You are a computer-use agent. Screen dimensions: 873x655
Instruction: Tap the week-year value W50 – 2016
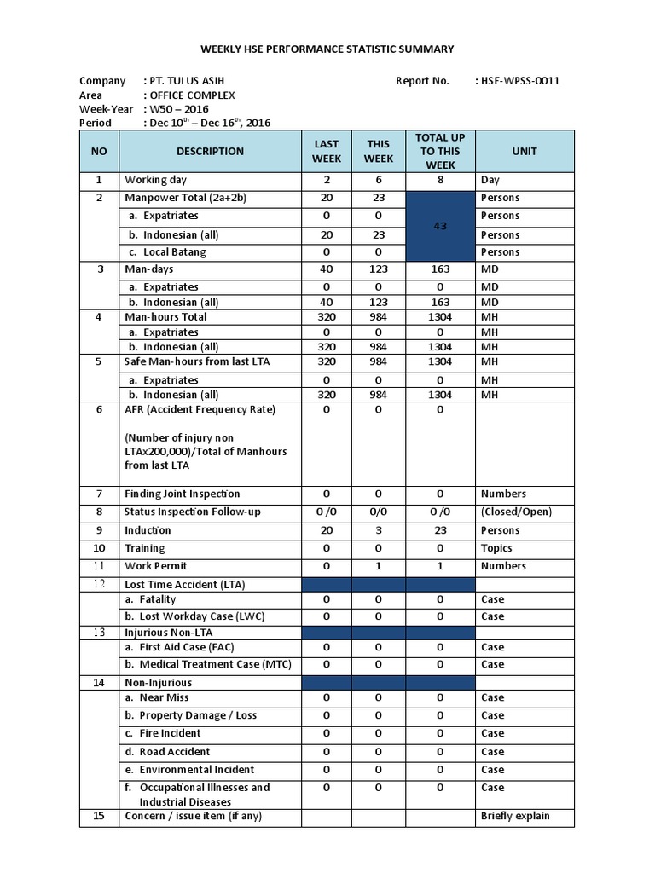click(179, 109)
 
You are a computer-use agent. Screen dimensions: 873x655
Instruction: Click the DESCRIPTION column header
click(210, 151)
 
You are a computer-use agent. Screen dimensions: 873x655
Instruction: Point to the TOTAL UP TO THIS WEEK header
click(440, 151)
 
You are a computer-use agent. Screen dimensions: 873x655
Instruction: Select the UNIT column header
click(525, 151)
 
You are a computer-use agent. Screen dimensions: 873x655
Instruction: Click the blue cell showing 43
click(440, 226)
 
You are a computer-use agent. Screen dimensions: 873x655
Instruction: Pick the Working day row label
click(155, 180)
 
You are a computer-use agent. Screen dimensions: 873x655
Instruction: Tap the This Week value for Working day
click(378, 180)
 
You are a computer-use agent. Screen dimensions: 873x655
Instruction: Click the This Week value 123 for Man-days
click(378, 269)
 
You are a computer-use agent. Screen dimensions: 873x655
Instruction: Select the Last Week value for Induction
click(327, 530)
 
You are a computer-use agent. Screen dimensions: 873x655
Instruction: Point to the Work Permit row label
click(155, 566)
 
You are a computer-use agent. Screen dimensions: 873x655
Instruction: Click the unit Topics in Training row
click(496, 548)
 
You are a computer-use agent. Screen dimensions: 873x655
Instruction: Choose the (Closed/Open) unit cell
click(516, 512)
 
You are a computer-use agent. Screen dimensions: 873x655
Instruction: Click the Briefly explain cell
click(515, 816)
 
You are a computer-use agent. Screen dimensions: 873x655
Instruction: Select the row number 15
click(99, 816)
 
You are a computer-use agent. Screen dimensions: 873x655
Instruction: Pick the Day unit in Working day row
click(490, 180)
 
